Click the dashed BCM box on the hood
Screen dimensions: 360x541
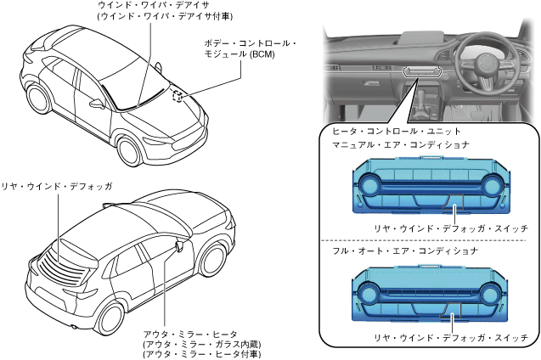[x=178, y=96]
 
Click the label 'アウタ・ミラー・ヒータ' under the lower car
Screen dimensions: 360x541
[x=189, y=335]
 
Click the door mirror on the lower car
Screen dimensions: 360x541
[x=179, y=245]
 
